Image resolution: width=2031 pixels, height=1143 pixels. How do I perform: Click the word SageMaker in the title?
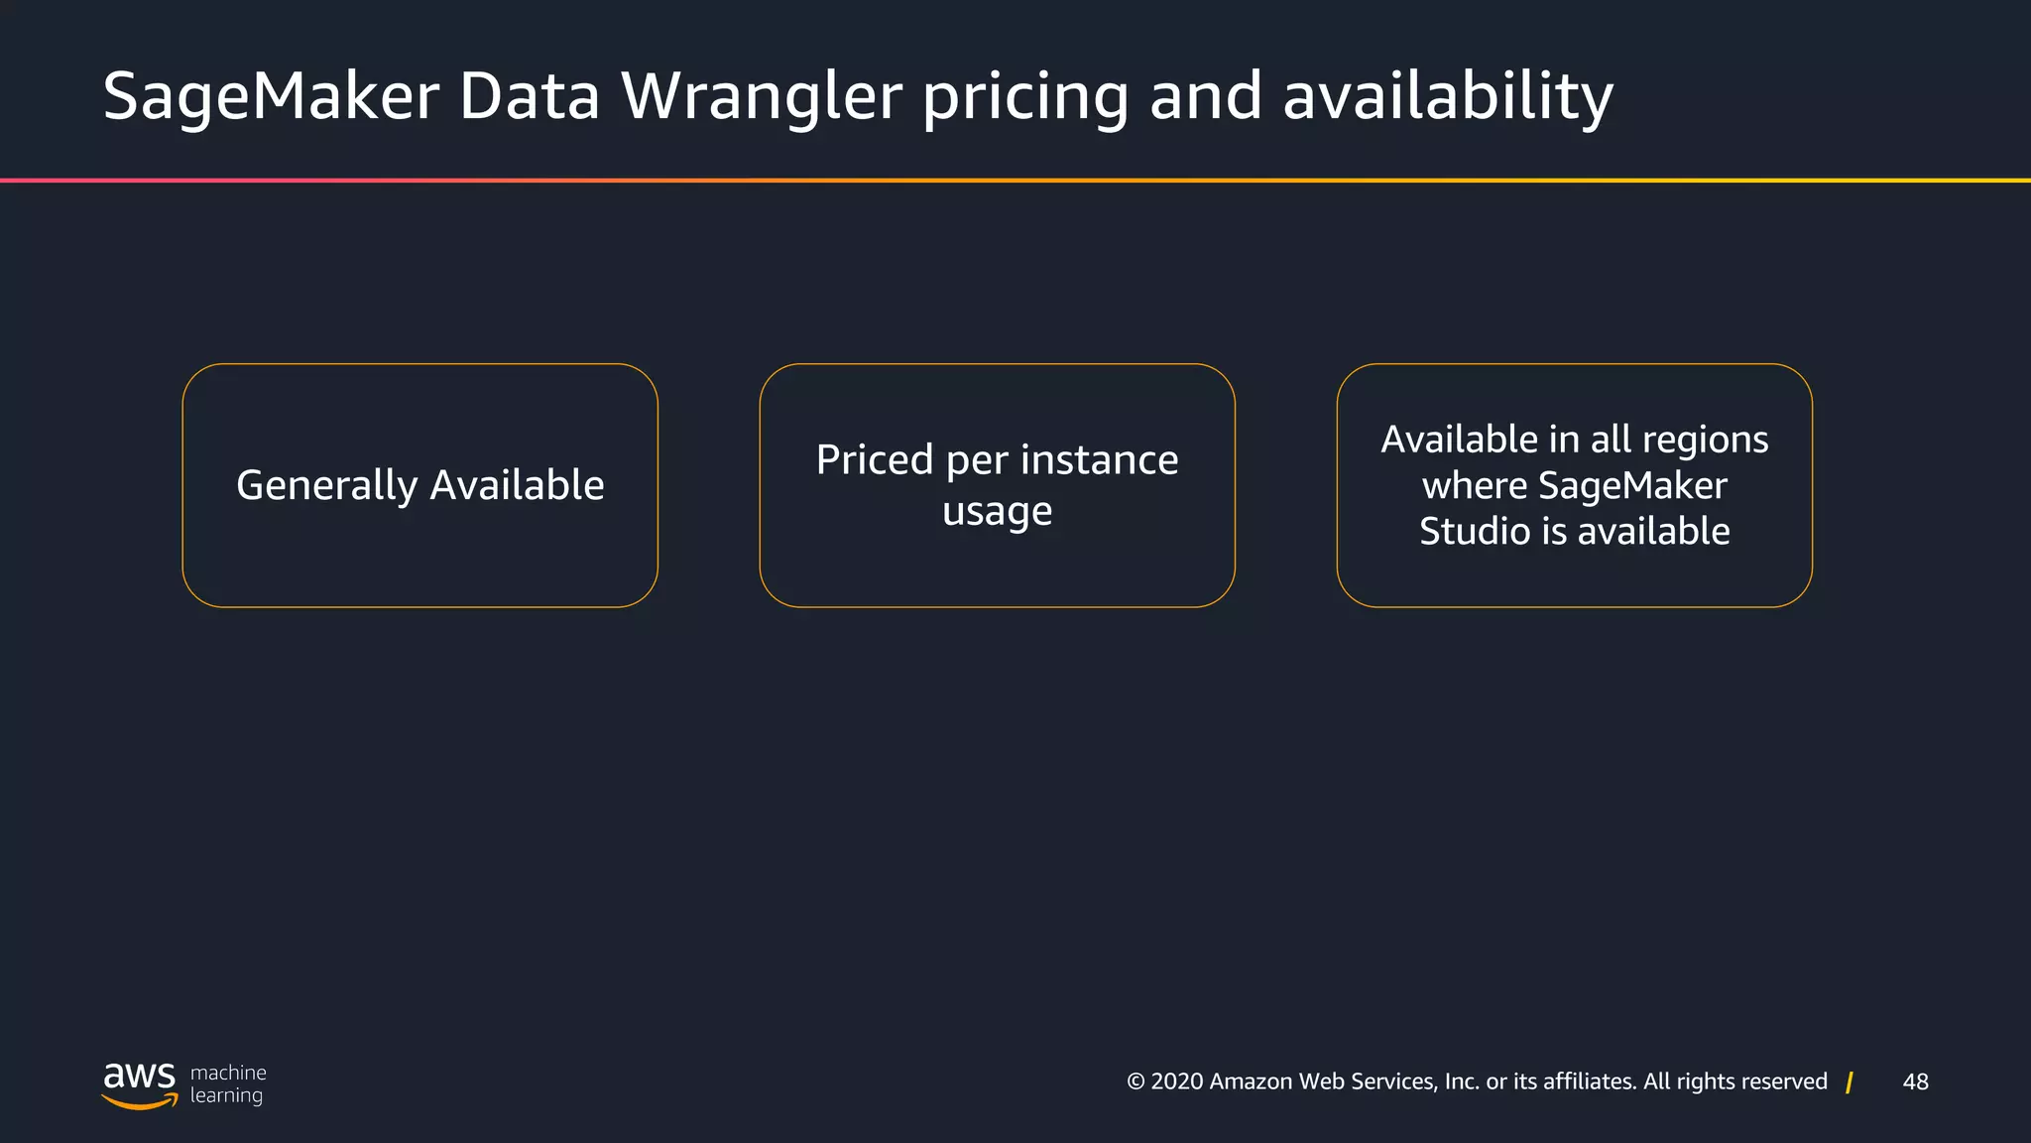[271, 97]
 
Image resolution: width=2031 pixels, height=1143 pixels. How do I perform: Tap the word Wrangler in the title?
[761, 97]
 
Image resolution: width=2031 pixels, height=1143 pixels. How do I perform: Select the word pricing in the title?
[1025, 97]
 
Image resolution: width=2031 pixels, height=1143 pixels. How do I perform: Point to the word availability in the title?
[1448, 97]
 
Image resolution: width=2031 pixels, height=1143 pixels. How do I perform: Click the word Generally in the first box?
[326, 486]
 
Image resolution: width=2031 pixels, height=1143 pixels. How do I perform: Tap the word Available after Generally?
[517, 486]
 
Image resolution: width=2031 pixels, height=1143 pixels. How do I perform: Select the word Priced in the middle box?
[875, 460]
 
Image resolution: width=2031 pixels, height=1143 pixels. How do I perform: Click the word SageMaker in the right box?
[1632, 486]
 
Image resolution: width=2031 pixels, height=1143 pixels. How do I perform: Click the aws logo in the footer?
[139, 1082]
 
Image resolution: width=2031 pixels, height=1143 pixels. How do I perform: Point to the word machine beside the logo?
[228, 1073]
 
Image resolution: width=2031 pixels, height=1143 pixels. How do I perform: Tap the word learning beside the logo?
[226, 1095]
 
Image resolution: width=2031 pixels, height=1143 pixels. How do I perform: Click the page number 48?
[1915, 1082]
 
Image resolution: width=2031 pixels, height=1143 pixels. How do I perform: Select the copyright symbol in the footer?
[1135, 1082]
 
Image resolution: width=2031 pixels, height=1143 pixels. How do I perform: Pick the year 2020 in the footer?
[1177, 1082]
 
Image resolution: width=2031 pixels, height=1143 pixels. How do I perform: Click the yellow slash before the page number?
[1850, 1082]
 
